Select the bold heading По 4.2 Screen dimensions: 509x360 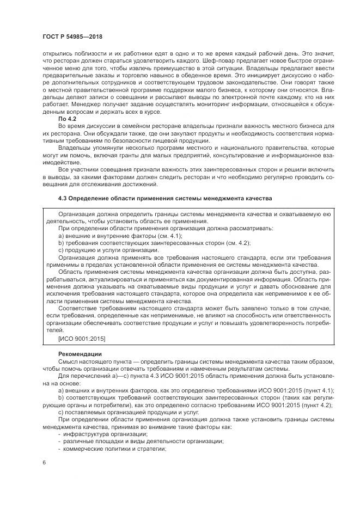point(67,118)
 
